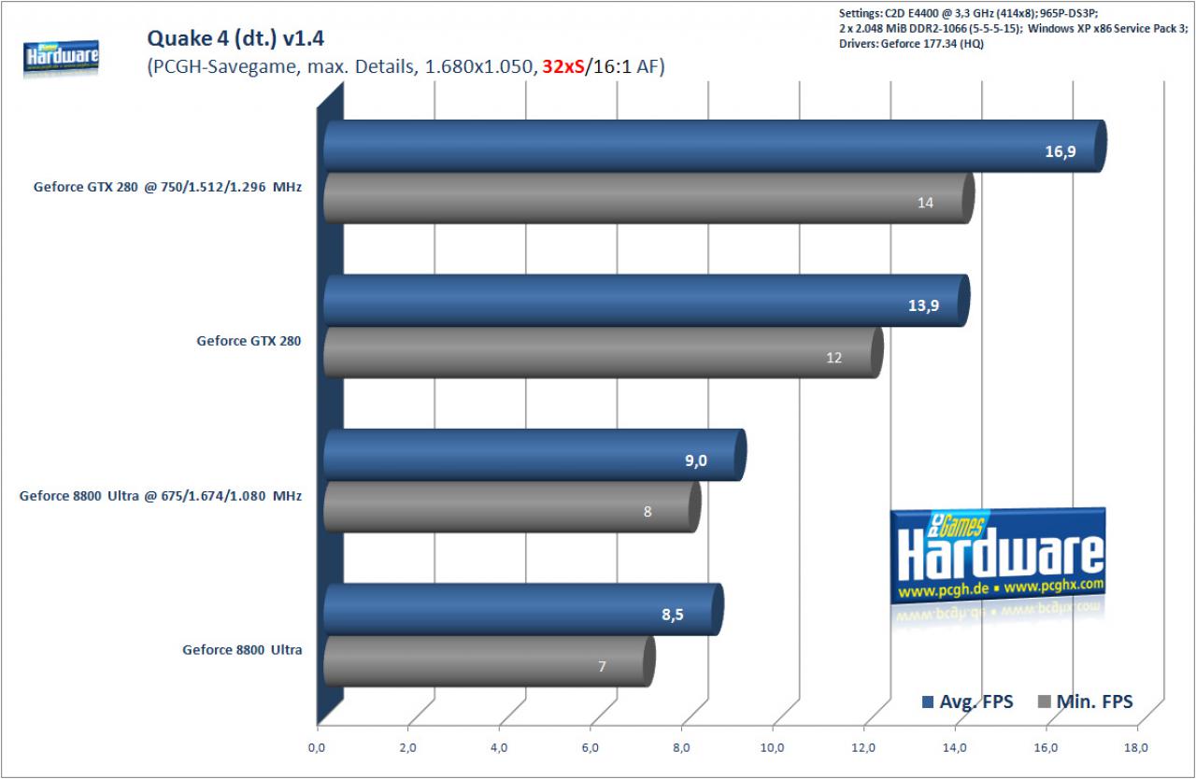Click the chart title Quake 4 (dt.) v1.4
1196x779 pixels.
tap(235, 38)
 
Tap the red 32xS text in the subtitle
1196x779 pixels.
tap(562, 66)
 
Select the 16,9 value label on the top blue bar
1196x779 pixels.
tap(1060, 151)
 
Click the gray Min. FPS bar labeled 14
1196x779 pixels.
tap(648, 198)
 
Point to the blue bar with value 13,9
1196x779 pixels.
tap(646, 301)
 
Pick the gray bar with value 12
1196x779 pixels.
tap(604, 353)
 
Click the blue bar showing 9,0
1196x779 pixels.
tap(535, 455)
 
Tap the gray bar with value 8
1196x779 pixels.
tap(512, 507)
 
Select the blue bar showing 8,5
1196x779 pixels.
tap(523, 609)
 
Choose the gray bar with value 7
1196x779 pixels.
tap(489, 661)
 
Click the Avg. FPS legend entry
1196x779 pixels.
tap(967, 701)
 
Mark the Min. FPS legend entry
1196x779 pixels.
tap(1085, 701)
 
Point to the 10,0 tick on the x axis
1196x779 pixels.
tap(772, 748)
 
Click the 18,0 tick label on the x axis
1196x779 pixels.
tap(1135, 748)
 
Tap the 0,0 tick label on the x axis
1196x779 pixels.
tap(317, 748)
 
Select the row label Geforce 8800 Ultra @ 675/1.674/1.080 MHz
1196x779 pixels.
tap(161, 496)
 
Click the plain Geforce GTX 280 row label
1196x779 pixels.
tap(249, 341)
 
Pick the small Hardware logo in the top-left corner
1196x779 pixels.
tap(61, 58)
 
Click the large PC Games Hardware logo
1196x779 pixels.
tap(997, 558)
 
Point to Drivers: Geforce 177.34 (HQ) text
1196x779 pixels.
tap(911, 44)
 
